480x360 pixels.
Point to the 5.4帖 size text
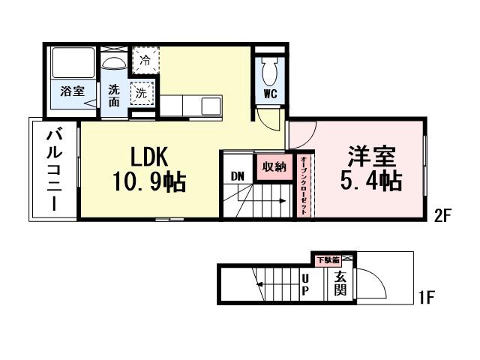370,181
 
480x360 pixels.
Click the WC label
271,95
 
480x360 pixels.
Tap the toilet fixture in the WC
270,70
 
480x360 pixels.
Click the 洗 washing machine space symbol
139,94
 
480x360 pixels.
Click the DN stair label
237,177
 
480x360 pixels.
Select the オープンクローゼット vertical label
303,186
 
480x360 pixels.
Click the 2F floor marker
441,217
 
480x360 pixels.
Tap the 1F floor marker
425,298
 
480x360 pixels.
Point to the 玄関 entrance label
340,284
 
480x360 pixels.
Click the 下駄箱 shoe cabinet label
327,259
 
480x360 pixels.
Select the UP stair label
306,285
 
